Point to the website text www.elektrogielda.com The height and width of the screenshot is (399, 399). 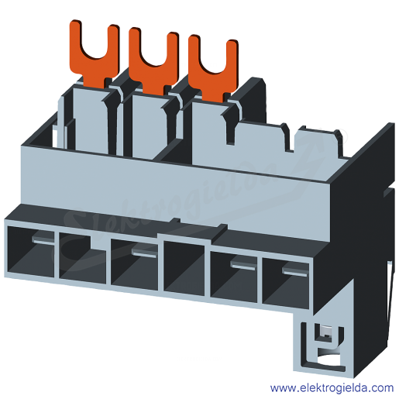click(x=332, y=388)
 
